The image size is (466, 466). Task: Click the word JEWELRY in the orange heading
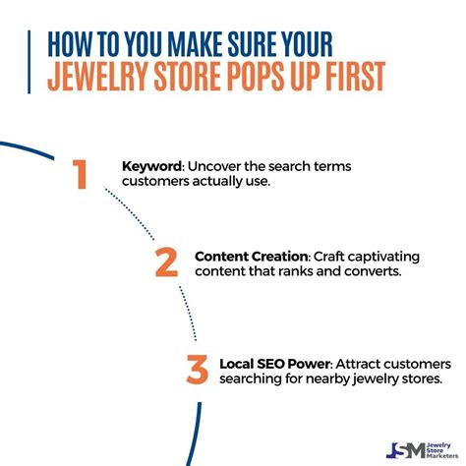pyautogui.click(x=98, y=76)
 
